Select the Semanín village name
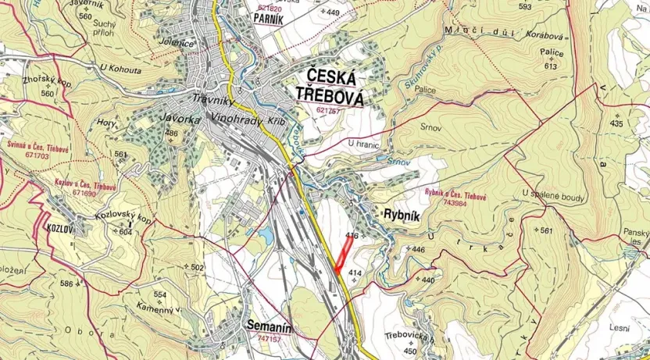[x=269, y=328]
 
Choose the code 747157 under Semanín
[x=270, y=339]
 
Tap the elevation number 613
[x=552, y=66]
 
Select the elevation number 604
[x=126, y=232]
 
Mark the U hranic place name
[x=362, y=144]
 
